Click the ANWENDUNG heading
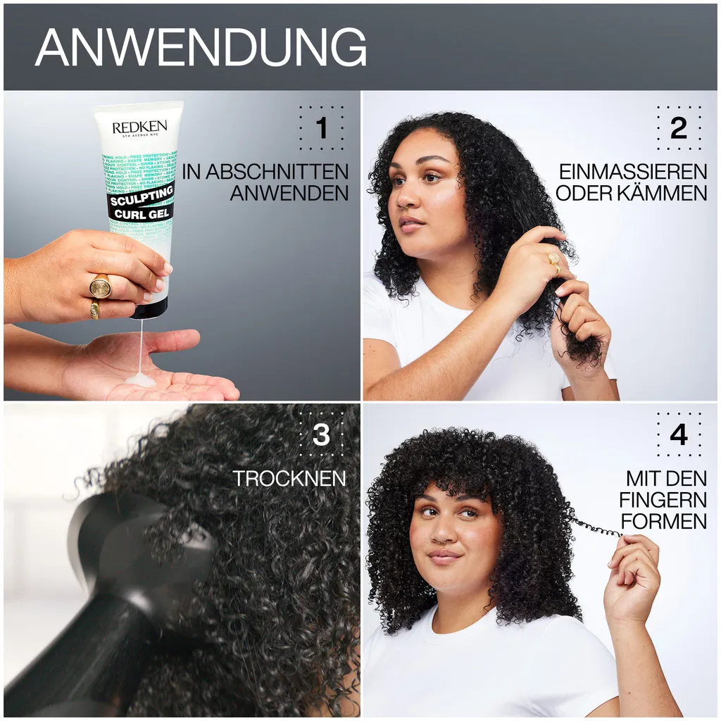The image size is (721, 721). [x=201, y=48]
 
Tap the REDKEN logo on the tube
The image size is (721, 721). [x=139, y=128]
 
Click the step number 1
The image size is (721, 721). [x=322, y=128]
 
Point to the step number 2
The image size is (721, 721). [x=678, y=128]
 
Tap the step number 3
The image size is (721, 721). [x=321, y=435]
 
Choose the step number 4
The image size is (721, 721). [x=678, y=435]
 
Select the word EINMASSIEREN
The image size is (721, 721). [x=633, y=172]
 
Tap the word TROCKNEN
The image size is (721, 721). [x=289, y=479]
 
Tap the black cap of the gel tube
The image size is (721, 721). [x=151, y=308]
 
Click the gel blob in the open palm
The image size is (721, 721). [x=140, y=380]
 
